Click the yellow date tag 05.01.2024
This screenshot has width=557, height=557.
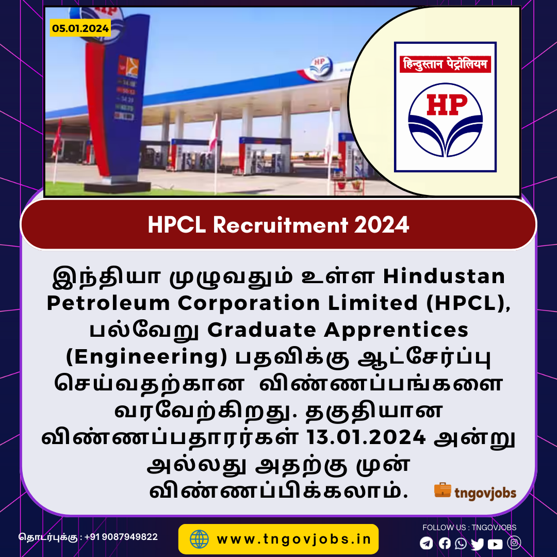click(80, 28)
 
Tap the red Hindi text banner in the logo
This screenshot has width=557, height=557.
click(445, 64)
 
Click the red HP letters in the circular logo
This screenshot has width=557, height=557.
click(447, 105)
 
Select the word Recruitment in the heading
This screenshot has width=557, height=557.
click(280, 225)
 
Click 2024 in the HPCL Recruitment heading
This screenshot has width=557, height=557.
click(382, 225)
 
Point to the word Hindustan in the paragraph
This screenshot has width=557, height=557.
click(444, 276)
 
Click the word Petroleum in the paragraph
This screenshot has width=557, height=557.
click(108, 303)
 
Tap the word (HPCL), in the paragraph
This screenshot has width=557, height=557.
click(468, 304)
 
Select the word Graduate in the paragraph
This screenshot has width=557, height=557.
click(262, 330)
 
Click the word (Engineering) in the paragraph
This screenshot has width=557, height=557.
click(146, 357)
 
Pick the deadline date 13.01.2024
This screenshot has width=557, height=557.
click(366, 437)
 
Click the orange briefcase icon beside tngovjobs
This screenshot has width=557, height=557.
click(443, 490)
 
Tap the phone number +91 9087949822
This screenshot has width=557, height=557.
click(121, 537)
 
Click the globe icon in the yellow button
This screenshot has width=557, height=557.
click(199, 539)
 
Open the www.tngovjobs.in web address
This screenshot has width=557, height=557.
click(294, 539)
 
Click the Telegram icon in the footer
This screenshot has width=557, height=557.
click(427, 543)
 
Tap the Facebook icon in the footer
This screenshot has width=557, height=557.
click(445, 543)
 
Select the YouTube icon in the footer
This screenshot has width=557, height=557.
click(495, 544)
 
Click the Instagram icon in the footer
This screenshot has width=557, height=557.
click(514, 543)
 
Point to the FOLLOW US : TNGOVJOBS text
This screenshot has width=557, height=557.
click(469, 528)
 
